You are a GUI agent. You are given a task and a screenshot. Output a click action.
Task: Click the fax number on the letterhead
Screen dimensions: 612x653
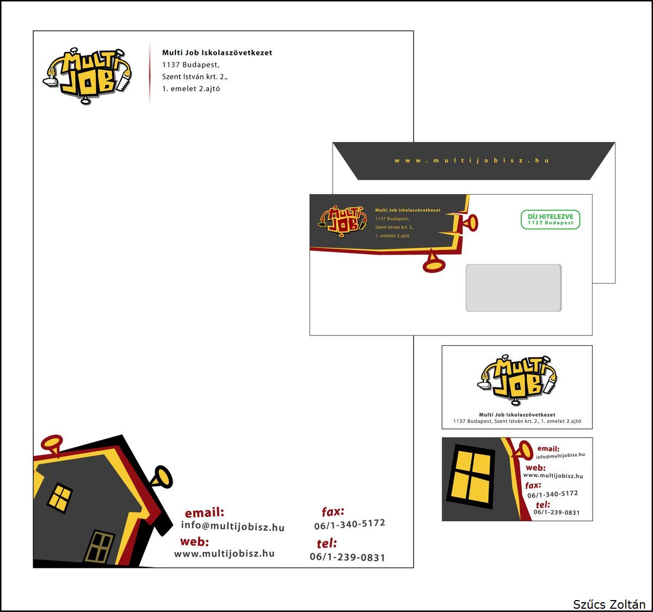pyautogui.click(x=349, y=524)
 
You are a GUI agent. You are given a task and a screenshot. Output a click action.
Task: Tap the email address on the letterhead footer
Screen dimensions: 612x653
pyautogui.click(x=232, y=526)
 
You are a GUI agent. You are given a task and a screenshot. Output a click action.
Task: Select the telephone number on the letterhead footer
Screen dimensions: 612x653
pyautogui.click(x=347, y=557)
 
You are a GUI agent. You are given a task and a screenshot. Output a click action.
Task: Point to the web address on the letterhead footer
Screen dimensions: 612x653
pyautogui.click(x=224, y=554)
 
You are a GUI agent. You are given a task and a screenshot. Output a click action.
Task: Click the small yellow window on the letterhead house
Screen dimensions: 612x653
pyautogui.click(x=60, y=497)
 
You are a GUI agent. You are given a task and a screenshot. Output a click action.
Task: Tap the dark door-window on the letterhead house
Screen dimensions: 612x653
pyautogui.click(x=100, y=546)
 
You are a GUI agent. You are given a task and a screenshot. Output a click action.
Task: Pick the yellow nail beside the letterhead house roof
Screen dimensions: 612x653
pyautogui.click(x=162, y=477)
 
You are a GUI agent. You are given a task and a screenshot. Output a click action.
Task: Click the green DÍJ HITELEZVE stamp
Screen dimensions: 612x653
pyautogui.click(x=550, y=219)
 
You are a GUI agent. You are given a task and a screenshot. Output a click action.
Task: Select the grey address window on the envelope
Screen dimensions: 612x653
pyautogui.click(x=513, y=288)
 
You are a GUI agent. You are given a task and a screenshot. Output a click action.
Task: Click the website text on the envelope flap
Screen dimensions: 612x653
pyautogui.click(x=471, y=160)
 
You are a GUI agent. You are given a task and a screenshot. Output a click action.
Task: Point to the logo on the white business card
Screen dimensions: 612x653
pyautogui.click(x=517, y=379)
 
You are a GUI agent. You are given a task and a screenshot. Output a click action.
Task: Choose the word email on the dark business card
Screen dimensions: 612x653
pyautogui.click(x=548, y=449)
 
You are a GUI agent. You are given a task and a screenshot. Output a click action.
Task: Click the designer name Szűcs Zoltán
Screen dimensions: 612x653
pyautogui.click(x=609, y=604)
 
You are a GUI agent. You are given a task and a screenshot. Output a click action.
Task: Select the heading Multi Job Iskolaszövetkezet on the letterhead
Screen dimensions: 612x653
pyautogui.click(x=217, y=53)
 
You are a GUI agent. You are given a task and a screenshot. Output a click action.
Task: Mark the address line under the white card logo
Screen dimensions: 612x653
pyautogui.click(x=517, y=421)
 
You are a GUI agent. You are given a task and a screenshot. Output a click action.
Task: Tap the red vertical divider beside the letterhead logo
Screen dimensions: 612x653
pyautogui.click(x=150, y=73)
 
